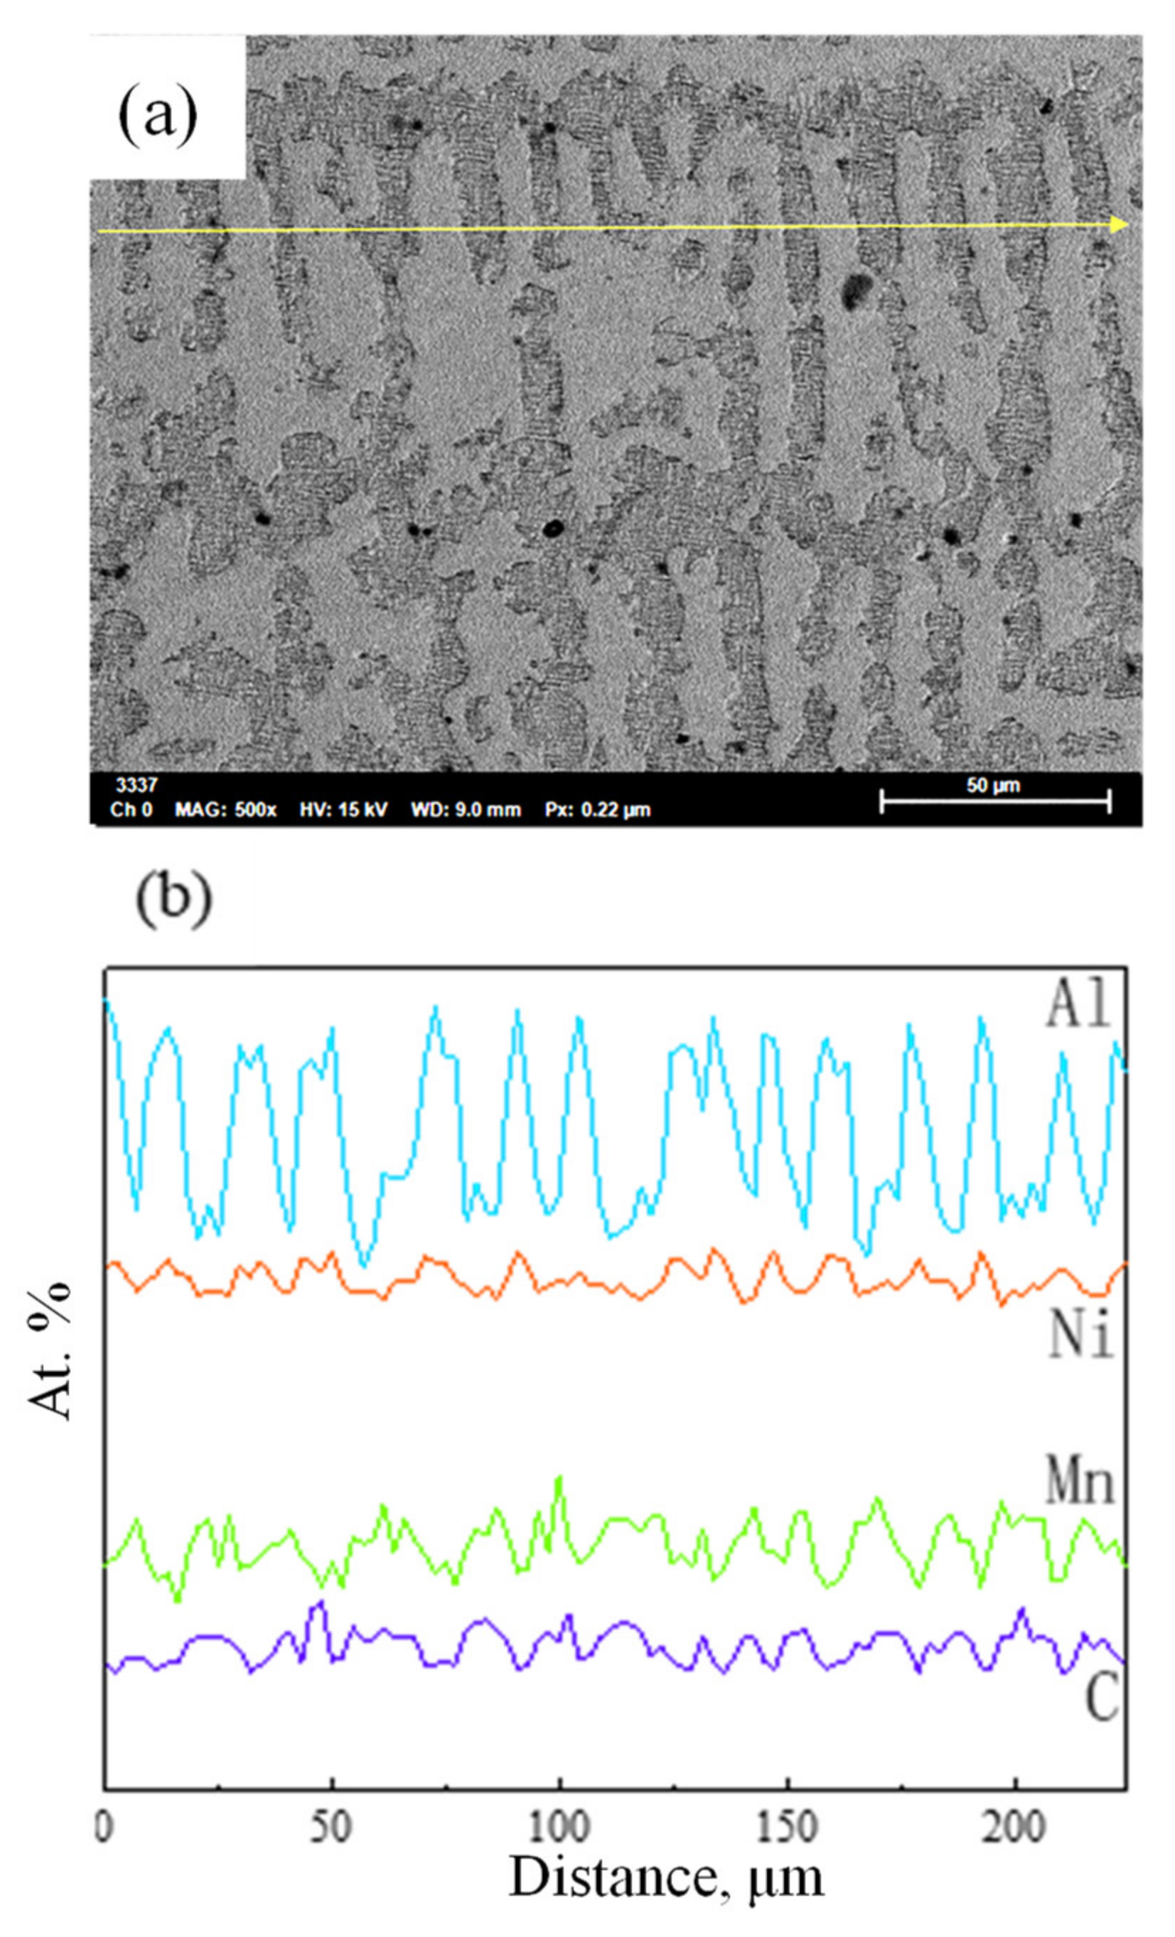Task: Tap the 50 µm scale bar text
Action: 993,785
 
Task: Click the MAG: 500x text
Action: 225,810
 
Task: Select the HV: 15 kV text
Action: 343,810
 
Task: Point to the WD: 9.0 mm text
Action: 466,810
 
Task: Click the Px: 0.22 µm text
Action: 598,810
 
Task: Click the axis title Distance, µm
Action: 665,1875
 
